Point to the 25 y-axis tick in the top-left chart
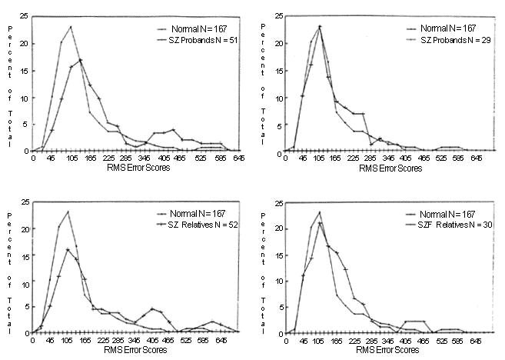26,16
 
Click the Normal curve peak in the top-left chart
71,27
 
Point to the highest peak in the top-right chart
319,27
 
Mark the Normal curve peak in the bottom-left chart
68,212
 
